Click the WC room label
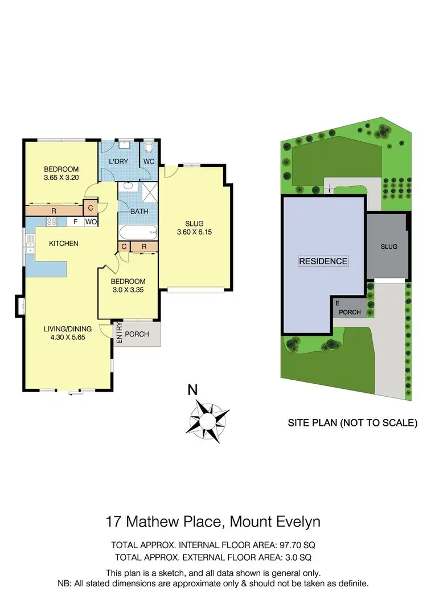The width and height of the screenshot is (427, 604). coord(149,162)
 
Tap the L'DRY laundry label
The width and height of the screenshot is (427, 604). coord(118,162)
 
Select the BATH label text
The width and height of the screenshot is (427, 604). coord(139,212)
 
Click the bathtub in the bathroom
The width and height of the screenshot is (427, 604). coord(138,232)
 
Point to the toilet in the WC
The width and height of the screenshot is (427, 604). coord(150,148)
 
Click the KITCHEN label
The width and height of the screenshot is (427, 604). coord(63,244)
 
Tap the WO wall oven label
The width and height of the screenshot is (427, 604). coord(91,222)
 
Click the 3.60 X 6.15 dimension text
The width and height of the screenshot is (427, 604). coord(194,232)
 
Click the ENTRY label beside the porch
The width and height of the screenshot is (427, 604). coord(119,334)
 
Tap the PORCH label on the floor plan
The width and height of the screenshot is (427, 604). coord(137,334)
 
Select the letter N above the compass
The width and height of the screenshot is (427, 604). coord(193,391)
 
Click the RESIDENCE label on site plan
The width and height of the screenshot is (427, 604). coord(323,261)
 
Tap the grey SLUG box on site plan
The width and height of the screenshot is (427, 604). coord(389,246)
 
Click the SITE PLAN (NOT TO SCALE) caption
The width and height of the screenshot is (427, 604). coord(353,423)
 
